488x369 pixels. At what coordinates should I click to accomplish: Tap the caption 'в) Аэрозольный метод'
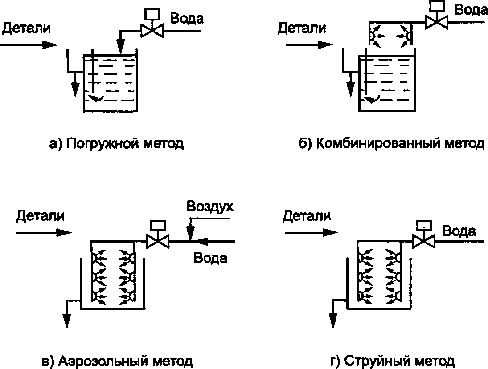click(x=117, y=361)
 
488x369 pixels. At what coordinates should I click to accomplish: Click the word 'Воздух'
click(x=210, y=207)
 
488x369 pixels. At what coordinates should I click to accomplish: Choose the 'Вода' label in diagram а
click(x=187, y=19)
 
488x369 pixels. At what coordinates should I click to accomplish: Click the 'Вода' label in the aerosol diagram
click(x=210, y=258)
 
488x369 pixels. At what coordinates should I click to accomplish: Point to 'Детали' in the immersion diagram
click(x=26, y=28)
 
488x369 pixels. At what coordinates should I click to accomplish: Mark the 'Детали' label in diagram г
click(x=307, y=216)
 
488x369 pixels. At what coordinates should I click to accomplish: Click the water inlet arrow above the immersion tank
click(x=119, y=46)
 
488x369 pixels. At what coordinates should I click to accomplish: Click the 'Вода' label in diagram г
click(x=459, y=231)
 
